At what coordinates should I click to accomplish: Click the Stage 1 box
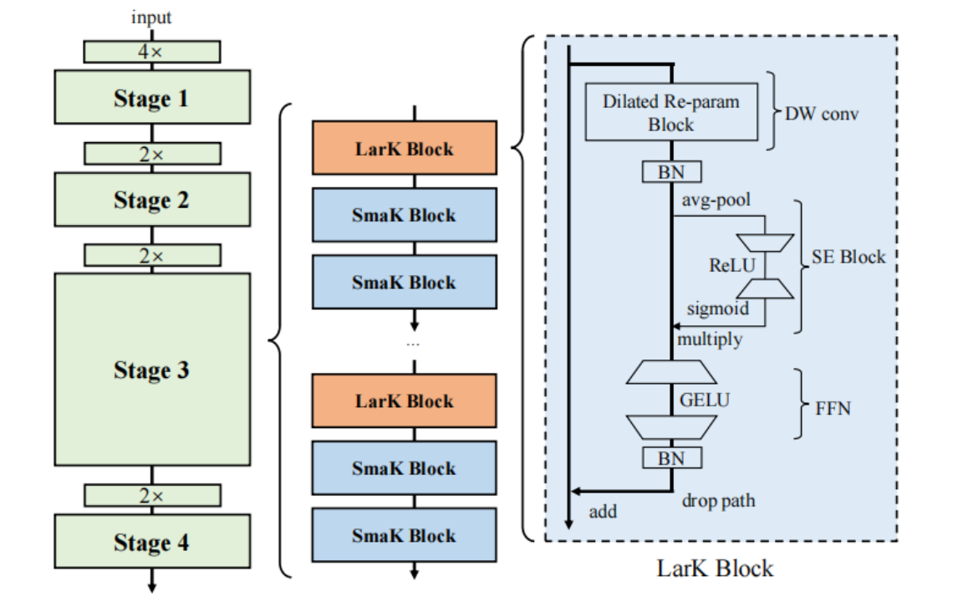click(x=152, y=97)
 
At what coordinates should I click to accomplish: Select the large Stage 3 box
click(x=152, y=370)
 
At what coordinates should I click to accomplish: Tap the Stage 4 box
click(x=152, y=541)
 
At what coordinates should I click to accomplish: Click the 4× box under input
click(x=152, y=52)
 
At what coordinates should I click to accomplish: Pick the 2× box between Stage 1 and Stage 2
click(x=152, y=154)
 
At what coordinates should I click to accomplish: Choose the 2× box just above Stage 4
click(x=152, y=495)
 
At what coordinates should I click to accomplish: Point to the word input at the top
click(x=151, y=18)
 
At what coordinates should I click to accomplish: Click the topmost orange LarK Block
click(x=405, y=148)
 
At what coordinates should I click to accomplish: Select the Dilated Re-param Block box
click(x=672, y=112)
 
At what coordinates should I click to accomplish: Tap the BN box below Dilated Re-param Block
click(x=672, y=171)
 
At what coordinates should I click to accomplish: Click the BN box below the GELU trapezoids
click(x=672, y=458)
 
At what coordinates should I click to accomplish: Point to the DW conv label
click(x=822, y=114)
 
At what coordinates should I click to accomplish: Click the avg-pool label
click(x=716, y=201)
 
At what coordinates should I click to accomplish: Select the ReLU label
click(x=731, y=265)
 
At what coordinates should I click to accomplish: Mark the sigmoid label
click(x=717, y=309)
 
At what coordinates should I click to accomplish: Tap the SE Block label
click(x=848, y=257)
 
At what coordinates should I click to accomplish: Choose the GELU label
click(x=704, y=400)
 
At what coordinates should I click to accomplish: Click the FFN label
click(x=833, y=409)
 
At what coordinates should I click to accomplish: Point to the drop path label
click(x=719, y=501)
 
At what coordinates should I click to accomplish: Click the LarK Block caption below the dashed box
click(x=715, y=569)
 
